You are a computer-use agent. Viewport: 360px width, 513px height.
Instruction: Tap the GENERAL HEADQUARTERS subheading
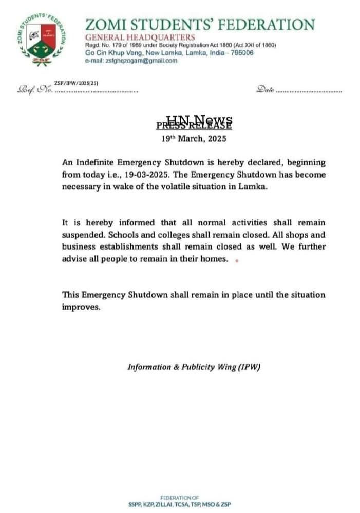(140, 37)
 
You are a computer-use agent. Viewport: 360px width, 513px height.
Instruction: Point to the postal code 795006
(240, 53)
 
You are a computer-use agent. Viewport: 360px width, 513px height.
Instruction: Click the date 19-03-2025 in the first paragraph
(147, 174)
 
